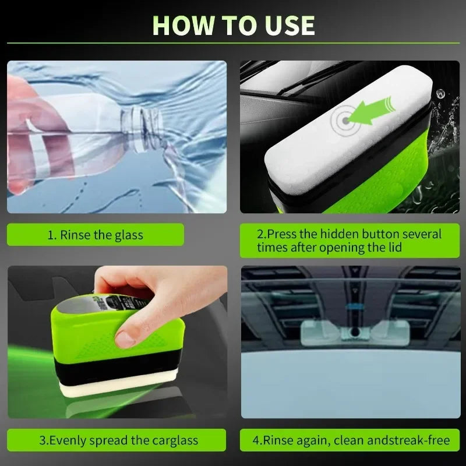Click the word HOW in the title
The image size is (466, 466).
183,26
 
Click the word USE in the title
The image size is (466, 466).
290,26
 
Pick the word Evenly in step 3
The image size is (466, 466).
68,440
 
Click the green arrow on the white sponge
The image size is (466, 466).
372,111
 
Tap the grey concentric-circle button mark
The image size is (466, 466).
345,121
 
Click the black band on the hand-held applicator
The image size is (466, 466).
119,368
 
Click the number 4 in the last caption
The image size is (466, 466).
256,440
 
